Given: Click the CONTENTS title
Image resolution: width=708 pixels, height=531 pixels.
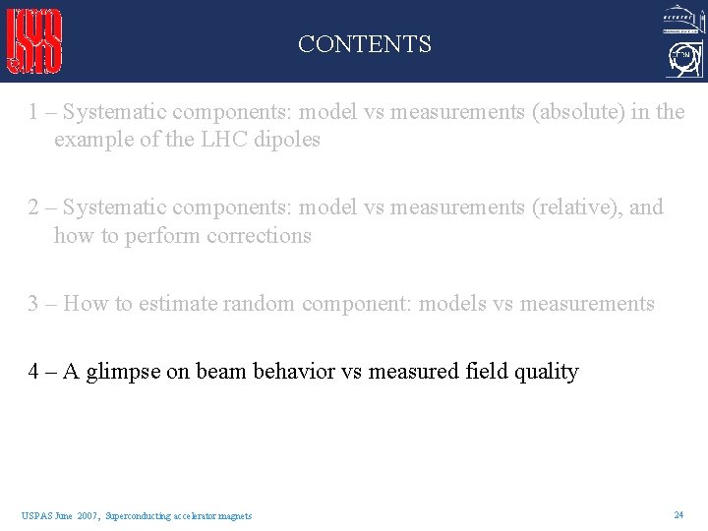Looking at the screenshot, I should (x=364, y=44).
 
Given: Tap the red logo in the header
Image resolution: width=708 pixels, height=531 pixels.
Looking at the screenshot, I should (x=35, y=41).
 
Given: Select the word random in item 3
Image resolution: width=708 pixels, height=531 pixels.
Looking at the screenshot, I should (x=260, y=304).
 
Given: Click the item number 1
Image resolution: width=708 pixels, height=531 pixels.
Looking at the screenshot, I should (x=34, y=112).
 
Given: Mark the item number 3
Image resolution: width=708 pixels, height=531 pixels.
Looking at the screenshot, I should (x=34, y=304).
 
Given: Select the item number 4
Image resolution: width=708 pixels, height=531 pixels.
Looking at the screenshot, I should (x=34, y=372).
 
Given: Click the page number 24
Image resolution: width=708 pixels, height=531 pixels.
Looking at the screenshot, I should (x=678, y=514).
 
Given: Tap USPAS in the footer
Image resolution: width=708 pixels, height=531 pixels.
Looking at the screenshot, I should (x=35, y=515).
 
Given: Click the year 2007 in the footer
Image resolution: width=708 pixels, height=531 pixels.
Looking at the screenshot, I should (x=88, y=515).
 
